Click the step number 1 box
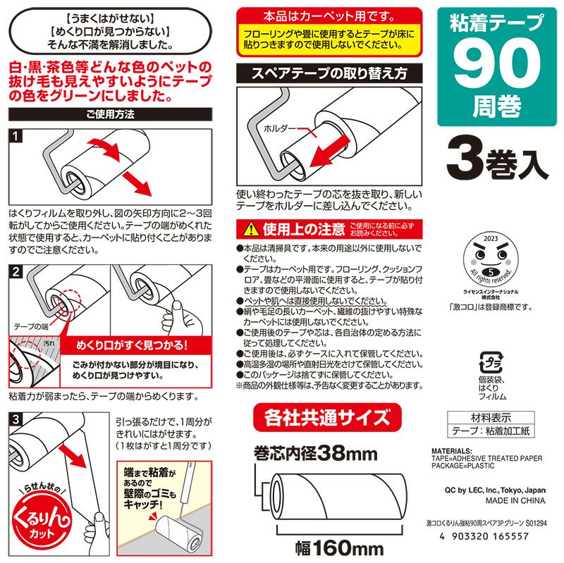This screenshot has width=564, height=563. (x=16, y=135)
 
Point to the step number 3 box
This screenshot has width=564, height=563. (x=16, y=419)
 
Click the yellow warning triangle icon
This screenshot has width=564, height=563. (x=251, y=229)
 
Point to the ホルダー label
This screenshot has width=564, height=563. (x=279, y=130)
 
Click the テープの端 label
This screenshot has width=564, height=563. (x=32, y=327)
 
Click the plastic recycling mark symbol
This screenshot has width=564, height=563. (x=491, y=364)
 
